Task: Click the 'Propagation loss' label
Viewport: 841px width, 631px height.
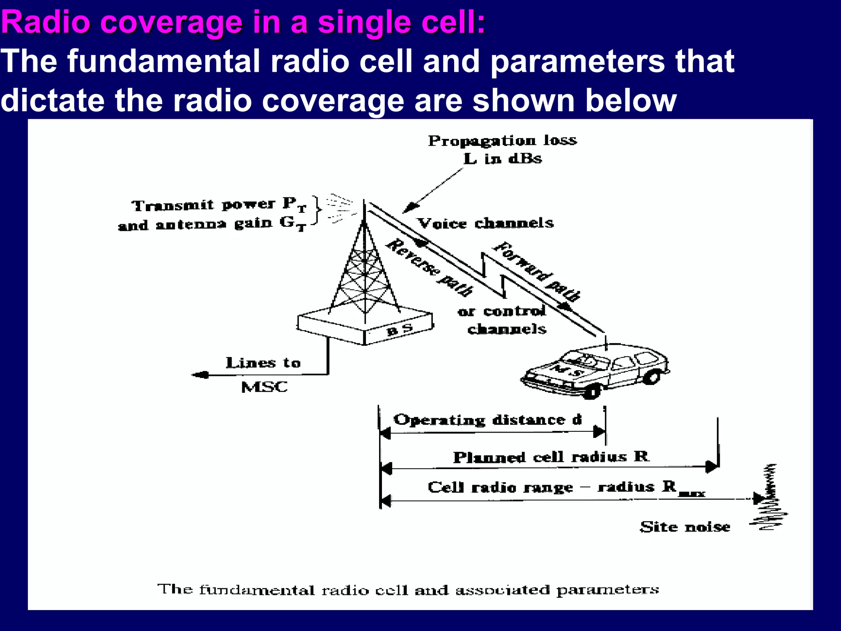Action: point(502,141)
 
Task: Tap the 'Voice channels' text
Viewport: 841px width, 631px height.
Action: point(485,223)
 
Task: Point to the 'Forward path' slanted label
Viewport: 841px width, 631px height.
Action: point(537,272)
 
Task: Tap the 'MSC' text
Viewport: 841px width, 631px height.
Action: point(264,387)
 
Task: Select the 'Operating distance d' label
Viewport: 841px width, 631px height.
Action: point(487,420)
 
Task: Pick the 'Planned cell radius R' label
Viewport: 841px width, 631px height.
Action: point(551,457)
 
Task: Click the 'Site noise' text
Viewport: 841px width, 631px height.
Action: point(685,527)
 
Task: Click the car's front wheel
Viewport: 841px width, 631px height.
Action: point(591,391)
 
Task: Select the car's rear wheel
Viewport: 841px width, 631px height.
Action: point(651,376)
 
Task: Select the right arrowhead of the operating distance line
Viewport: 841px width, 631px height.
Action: point(599,432)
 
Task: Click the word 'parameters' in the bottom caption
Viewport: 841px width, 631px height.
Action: point(607,590)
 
